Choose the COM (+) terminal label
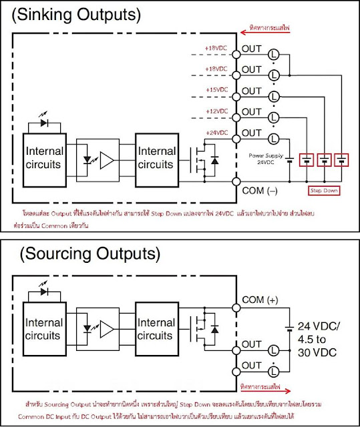263,300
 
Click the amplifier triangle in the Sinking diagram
106,161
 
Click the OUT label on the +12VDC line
251,111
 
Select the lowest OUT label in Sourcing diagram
251,366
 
